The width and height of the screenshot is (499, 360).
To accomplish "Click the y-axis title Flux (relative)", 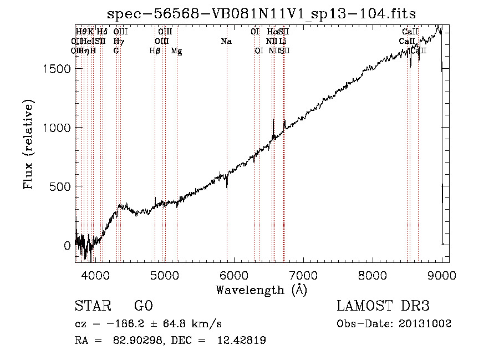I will point(28,145).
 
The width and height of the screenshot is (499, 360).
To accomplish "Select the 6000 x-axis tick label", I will point(233,275).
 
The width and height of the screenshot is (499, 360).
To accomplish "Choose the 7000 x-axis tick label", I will point(303,275).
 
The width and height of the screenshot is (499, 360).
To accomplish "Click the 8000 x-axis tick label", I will point(373,275).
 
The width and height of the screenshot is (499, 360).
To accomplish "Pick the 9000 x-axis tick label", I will point(442,275).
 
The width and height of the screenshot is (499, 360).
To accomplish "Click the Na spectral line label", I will point(226,42).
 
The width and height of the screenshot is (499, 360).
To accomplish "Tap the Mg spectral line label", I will point(176,51).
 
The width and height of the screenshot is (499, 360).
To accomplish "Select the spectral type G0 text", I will point(144,306).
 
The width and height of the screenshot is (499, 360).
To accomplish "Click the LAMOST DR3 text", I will point(383,306).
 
